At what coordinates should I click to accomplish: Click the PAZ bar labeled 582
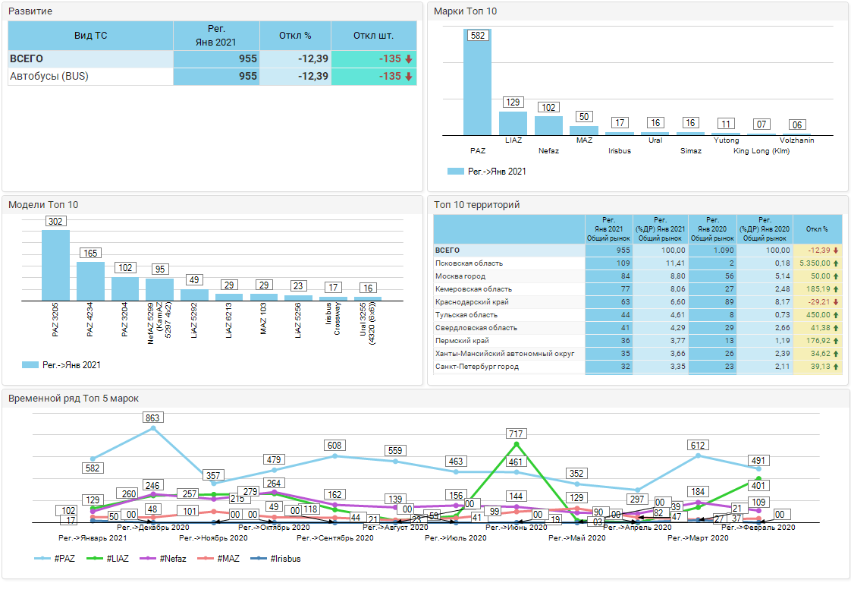477,84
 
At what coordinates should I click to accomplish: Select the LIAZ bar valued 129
513,123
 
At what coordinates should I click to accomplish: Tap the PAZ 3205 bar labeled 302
55,266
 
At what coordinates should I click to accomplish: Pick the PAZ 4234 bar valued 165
90,281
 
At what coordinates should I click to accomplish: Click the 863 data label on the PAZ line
152,418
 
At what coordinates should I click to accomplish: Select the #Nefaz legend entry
169,559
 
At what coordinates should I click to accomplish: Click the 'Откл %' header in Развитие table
295,36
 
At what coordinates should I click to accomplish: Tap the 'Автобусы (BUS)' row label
46,76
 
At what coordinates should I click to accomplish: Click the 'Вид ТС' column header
90,36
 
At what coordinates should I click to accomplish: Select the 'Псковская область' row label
469,263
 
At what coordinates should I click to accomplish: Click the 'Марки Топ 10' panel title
466,11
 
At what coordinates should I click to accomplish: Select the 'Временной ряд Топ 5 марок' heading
74,399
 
